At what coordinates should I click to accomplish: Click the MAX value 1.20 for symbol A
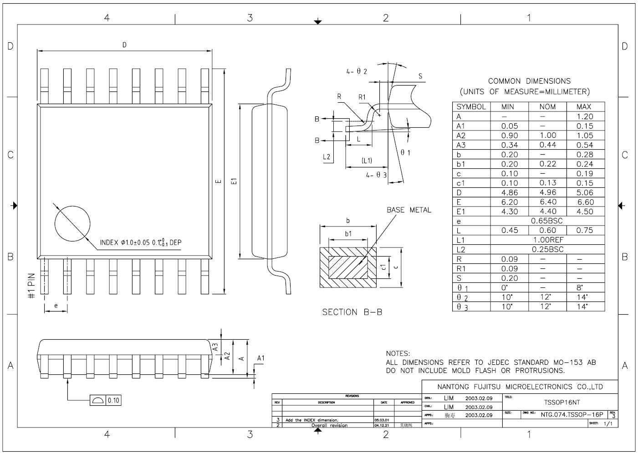(585, 116)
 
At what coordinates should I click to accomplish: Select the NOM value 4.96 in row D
(547, 192)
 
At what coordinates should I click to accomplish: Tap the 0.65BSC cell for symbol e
(547, 221)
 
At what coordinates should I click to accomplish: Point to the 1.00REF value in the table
(547, 240)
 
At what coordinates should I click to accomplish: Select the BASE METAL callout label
(408, 210)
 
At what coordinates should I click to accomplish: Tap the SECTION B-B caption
(352, 312)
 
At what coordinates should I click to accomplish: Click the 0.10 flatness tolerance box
(113, 400)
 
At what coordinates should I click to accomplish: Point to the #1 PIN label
(31, 286)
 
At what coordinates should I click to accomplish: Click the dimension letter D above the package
(124, 45)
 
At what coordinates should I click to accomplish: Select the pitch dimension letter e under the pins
(56, 306)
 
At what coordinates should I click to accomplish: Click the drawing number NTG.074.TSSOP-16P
(572, 414)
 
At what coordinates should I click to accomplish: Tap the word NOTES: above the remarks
(398, 353)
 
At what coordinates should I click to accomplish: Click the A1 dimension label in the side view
(260, 358)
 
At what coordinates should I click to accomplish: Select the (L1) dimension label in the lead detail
(367, 161)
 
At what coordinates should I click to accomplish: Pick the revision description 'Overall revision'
(329, 426)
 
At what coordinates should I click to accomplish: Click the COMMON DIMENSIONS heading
(529, 81)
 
